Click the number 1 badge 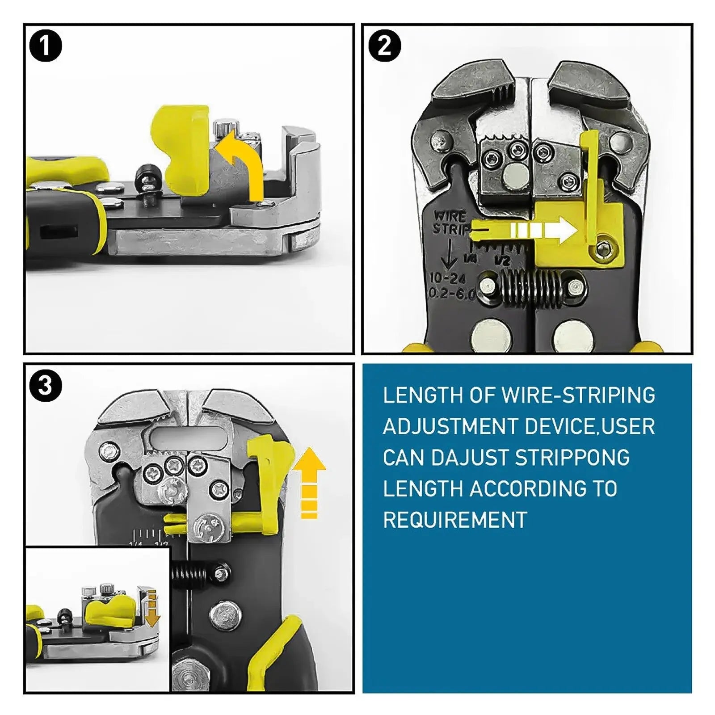(45, 46)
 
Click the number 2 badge (384, 46)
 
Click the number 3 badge (45, 386)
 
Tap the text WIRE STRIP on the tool (450, 223)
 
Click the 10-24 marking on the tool (447, 278)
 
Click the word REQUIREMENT (455, 520)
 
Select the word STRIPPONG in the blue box (572, 458)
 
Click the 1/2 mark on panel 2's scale (503, 259)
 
